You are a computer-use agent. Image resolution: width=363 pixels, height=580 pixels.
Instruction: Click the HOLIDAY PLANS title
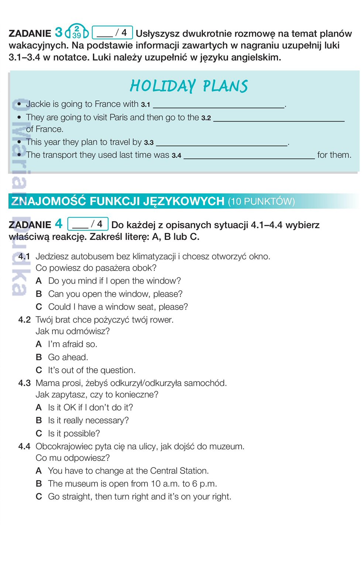[188, 86]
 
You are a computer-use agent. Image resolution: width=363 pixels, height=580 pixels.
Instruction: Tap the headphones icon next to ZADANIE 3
[76, 32]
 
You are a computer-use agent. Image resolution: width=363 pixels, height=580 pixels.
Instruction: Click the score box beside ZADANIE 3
[112, 32]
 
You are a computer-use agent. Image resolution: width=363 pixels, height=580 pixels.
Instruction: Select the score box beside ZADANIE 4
[88, 224]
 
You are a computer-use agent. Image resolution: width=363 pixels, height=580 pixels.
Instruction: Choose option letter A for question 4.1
[38, 281]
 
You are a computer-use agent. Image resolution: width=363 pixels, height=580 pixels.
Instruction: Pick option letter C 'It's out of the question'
[39, 370]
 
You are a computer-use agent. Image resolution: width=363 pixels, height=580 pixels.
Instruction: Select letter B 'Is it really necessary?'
[39, 420]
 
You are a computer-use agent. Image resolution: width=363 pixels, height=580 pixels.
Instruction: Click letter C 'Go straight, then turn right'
[39, 497]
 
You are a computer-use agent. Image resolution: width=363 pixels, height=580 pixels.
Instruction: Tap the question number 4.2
[24, 320]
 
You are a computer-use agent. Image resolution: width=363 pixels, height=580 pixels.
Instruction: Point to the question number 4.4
[24, 446]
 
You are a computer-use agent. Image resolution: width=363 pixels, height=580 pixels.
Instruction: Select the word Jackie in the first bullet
[38, 104]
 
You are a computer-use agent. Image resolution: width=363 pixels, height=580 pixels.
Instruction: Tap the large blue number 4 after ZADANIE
[59, 224]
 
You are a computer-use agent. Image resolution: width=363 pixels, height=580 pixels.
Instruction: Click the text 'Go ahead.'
[68, 357]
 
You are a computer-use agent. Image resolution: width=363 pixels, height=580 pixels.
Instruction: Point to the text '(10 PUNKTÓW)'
[261, 201]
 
